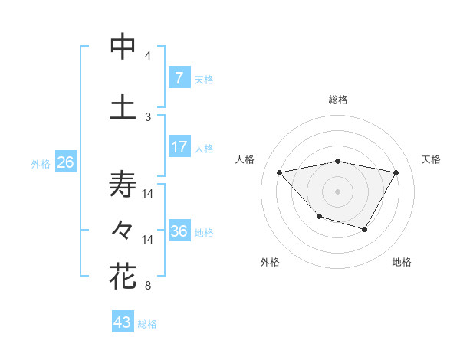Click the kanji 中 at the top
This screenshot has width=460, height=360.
pos(123,47)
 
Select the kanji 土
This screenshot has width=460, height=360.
pos(123,106)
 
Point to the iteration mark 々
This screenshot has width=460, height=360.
pos(123,229)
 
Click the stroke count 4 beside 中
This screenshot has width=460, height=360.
pos(148,56)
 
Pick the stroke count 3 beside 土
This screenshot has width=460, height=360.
pos(148,116)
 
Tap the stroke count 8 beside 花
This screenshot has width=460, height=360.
pos(148,286)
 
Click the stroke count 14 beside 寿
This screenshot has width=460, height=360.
pos(148,194)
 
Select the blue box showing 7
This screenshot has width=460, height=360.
pos(179,77)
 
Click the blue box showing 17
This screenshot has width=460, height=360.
pos(179,146)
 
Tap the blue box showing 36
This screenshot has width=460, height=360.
pos(179,231)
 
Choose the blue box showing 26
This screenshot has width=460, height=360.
pos(65,162)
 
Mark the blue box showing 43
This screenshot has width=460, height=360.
pos(123,322)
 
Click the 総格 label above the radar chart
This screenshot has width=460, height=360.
pos(338,100)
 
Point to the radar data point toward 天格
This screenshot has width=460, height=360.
pos(396,173)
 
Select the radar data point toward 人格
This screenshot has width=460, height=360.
pos(280,172)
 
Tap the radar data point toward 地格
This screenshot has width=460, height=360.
pos(365,229)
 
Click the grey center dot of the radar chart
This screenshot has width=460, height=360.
pos(338,191)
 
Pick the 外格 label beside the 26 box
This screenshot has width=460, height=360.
pos(41,163)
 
